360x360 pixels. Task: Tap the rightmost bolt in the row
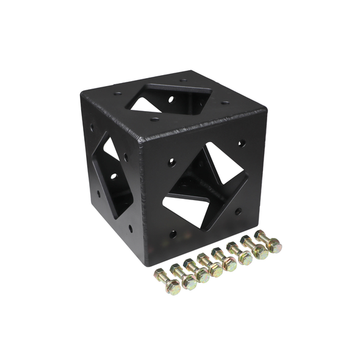coord(269,242)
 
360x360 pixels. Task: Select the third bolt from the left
coord(197,270)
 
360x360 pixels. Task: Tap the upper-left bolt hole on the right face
coord(172,162)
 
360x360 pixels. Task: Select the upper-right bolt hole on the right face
coord(242,143)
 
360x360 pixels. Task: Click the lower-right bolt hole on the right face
coord(237,211)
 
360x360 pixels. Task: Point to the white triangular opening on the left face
coord(110,149)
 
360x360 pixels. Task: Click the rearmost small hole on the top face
coord(183,80)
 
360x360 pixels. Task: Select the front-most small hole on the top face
coord(155,119)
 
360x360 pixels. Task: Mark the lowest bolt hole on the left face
coord(130,229)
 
